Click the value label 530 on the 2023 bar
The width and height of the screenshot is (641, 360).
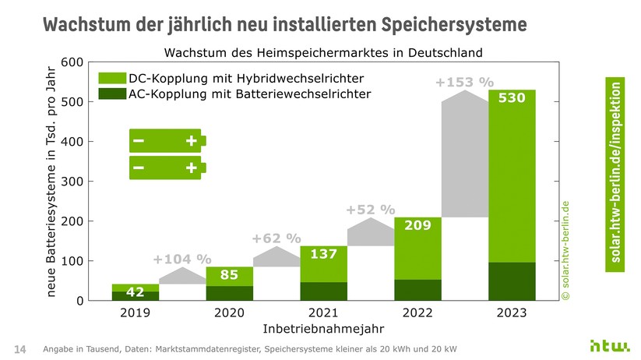click(512, 99)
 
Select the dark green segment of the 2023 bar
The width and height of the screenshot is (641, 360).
click(512, 281)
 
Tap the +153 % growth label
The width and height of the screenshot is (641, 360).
click(465, 82)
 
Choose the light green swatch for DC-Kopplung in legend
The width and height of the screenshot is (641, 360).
click(111, 79)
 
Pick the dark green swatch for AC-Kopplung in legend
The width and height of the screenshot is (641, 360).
click(111, 94)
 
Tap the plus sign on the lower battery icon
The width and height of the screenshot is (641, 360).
click(191, 168)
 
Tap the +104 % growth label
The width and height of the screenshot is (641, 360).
click(182, 259)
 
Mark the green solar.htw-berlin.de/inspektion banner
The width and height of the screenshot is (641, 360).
click(616, 175)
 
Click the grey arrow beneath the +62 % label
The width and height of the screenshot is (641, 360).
click(276, 257)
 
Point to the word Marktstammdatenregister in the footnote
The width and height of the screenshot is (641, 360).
click(220, 348)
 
